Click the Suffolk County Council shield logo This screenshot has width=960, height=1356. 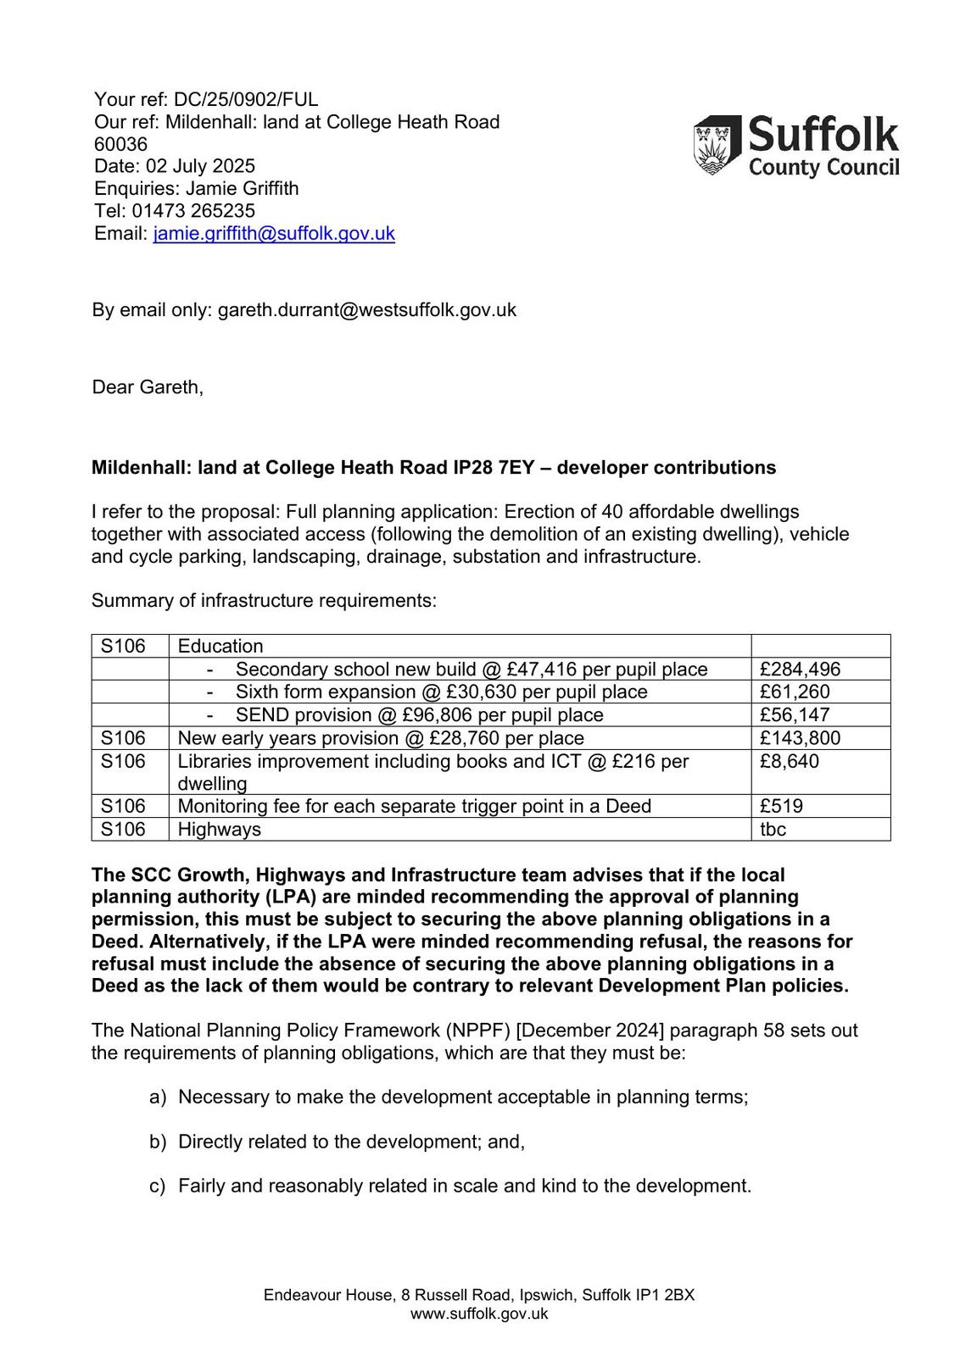[717, 146]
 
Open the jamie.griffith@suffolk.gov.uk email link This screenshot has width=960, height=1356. [274, 233]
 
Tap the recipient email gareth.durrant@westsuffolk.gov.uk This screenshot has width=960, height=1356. [366, 310]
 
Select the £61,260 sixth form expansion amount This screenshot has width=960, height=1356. [795, 692]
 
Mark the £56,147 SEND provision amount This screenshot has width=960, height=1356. [795, 715]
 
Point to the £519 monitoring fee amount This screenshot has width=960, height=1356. [781, 806]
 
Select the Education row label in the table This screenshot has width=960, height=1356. [220, 646]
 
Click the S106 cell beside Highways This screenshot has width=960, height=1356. [123, 829]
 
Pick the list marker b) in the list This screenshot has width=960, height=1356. [158, 1142]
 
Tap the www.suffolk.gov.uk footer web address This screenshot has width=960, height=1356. [479, 1314]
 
